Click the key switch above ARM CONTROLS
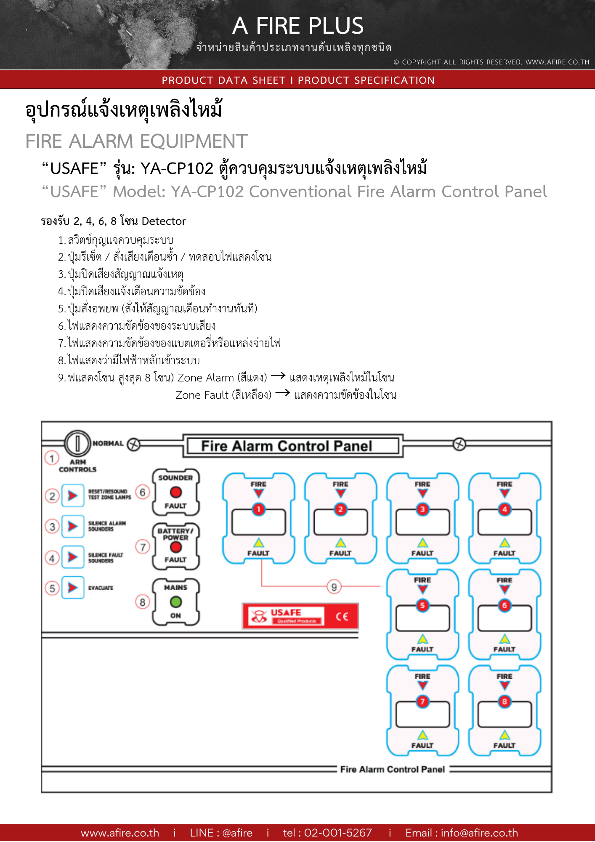(x=77, y=443)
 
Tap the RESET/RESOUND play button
(x=73, y=496)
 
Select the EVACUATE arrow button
(x=73, y=587)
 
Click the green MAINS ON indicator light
(x=176, y=602)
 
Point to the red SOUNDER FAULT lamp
(x=176, y=492)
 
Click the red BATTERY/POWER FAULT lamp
(x=176, y=547)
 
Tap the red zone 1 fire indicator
(x=258, y=509)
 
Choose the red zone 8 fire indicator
(x=505, y=701)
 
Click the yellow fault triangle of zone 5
(x=422, y=639)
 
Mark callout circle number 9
(x=334, y=587)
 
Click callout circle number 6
(x=143, y=492)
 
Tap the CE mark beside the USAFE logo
(x=342, y=616)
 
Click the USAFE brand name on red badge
(x=286, y=612)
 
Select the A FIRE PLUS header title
(x=298, y=26)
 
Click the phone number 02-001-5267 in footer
(x=337, y=833)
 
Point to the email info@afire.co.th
(x=479, y=833)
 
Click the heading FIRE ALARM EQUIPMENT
(x=137, y=141)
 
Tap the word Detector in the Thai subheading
(x=164, y=221)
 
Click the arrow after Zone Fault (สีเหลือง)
(x=282, y=393)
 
